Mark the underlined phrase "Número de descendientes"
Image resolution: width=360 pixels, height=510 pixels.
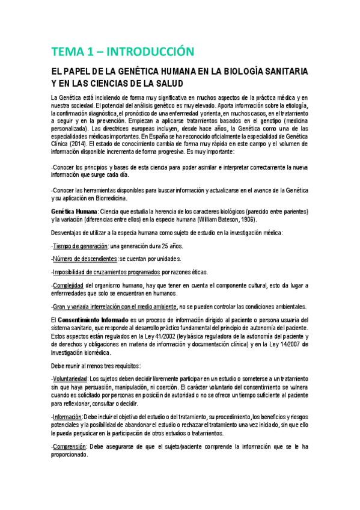85,260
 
